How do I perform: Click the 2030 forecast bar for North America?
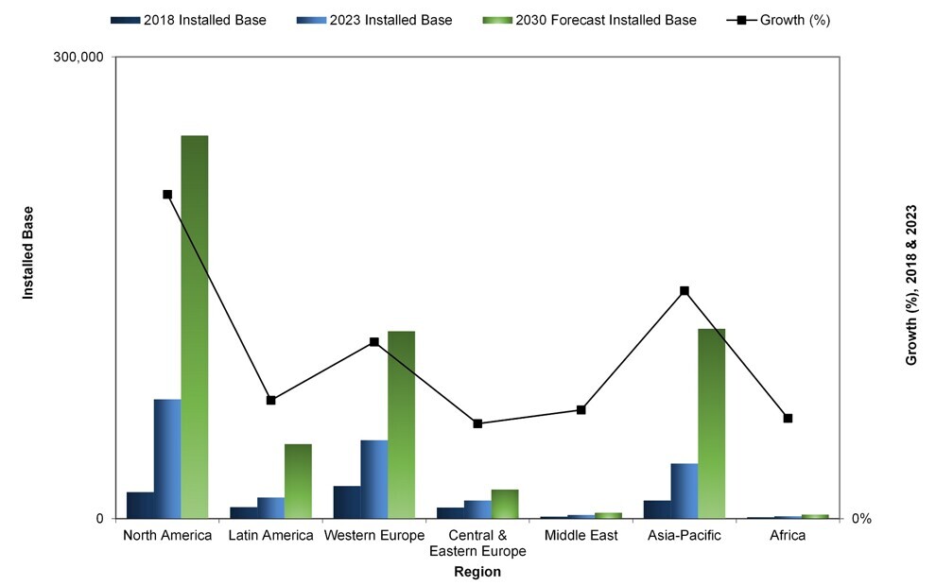pyautogui.click(x=195, y=326)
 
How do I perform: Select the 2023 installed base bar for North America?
pyautogui.click(x=167, y=458)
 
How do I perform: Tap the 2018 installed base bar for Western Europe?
pyautogui.click(x=346, y=502)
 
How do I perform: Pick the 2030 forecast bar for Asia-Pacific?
pyautogui.click(x=711, y=422)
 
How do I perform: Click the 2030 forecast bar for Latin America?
pyautogui.click(x=298, y=481)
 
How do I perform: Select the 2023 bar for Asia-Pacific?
pyautogui.click(x=684, y=491)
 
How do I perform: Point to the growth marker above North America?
pyautogui.click(x=167, y=195)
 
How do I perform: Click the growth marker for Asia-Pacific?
pyautogui.click(x=684, y=291)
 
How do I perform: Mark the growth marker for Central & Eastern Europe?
pyautogui.click(x=477, y=423)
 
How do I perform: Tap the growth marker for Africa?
pyautogui.click(x=788, y=418)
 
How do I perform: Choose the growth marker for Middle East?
pyautogui.click(x=581, y=410)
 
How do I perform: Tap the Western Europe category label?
pyautogui.click(x=374, y=536)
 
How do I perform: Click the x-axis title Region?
pyautogui.click(x=477, y=572)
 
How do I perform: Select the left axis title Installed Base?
pyautogui.click(x=28, y=253)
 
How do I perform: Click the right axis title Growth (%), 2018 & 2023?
pyautogui.click(x=911, y=284)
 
